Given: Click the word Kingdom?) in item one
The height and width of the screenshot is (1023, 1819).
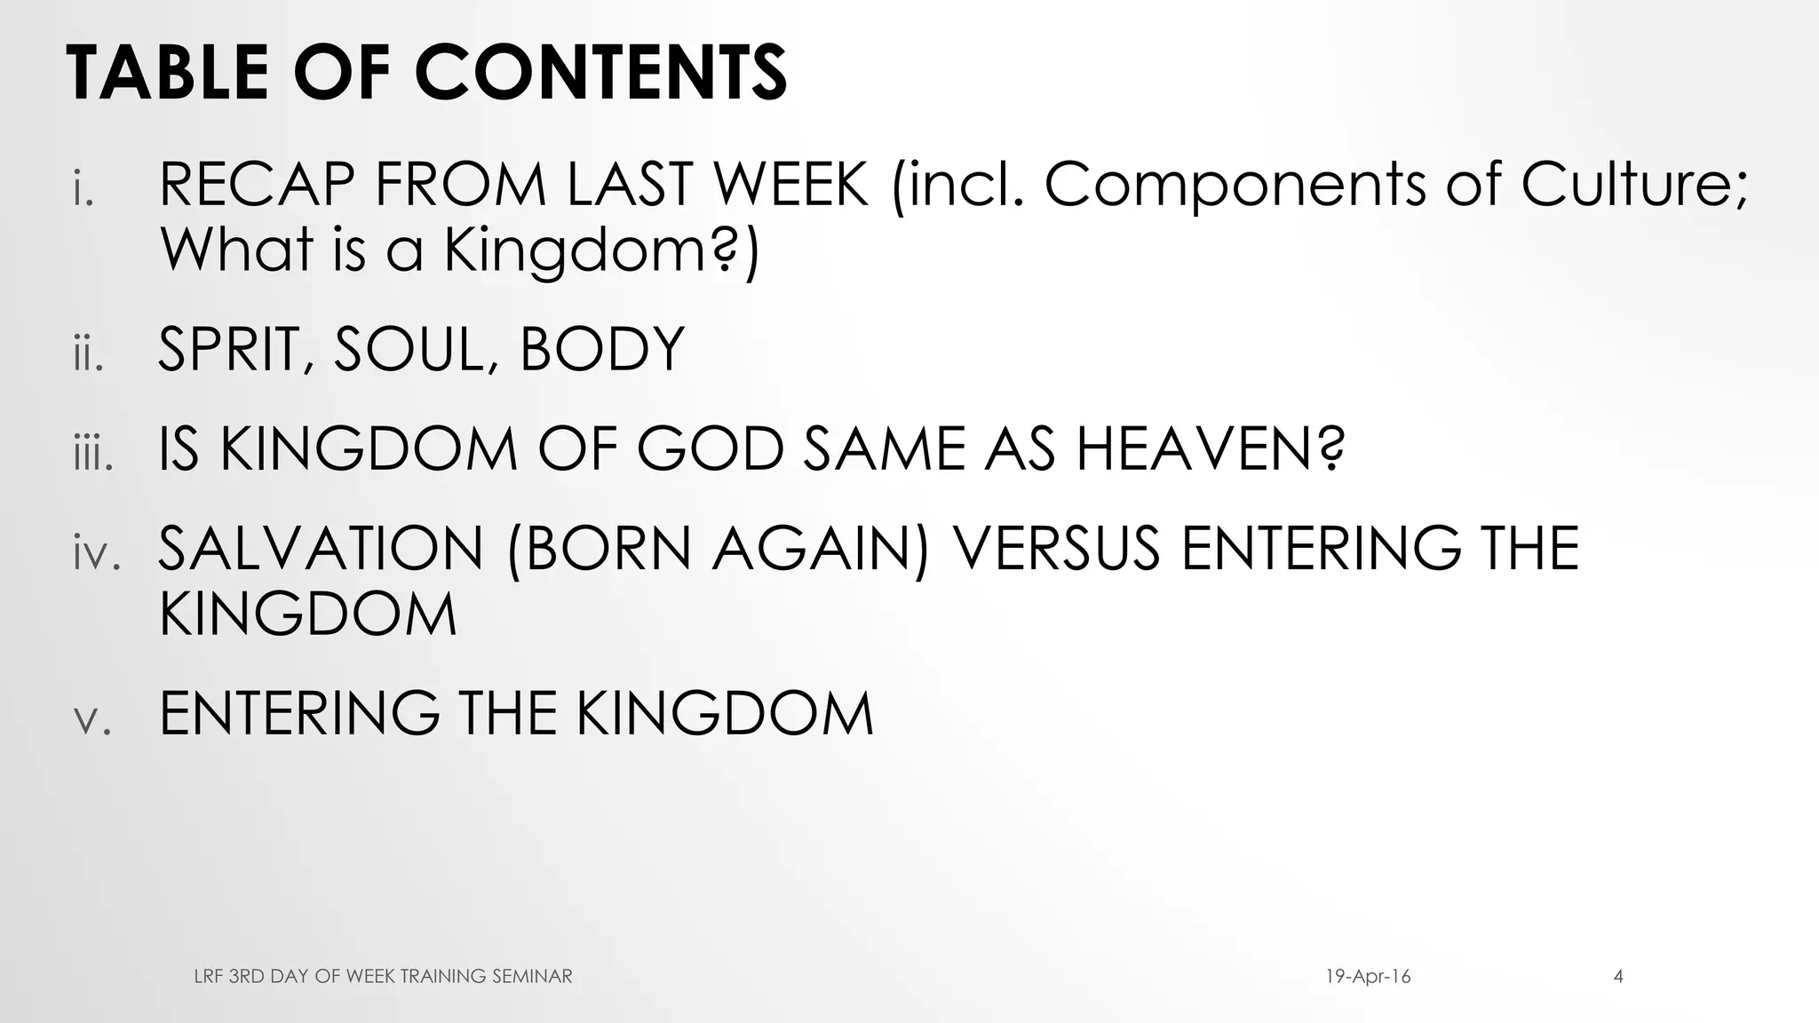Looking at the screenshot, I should [601, 250].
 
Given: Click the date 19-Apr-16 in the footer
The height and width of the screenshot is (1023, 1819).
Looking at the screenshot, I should [1368, 977].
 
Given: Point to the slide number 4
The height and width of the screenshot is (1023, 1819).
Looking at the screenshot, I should [1618, 977].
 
